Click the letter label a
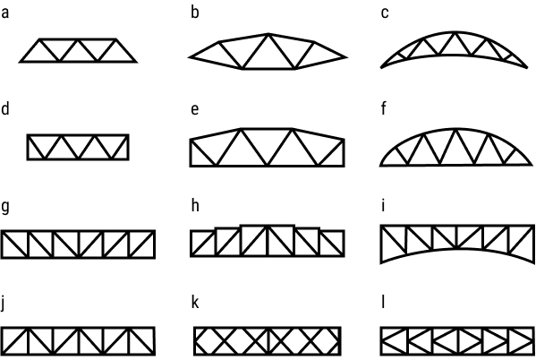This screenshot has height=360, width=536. click(x=4, y=13)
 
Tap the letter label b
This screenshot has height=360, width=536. click(x=195, y=12)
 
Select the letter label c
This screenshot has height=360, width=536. click(x=385, y=13)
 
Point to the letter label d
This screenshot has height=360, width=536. click(x=5, y=109)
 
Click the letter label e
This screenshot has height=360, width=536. click(x=194, y=110)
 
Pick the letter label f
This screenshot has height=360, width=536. click(x=384, y=109)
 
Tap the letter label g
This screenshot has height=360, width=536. click(x=5, y=208)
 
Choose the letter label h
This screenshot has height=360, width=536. click(x=195, y=206)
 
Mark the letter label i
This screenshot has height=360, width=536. click(x=383, y=206)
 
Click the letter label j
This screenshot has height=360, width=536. click(x=4, y=304)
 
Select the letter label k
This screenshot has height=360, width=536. click(x=195, y=303)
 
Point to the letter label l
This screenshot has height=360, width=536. click(x=383, y=303)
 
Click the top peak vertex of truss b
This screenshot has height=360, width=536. click(x=268, y=34)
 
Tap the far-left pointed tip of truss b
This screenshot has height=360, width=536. click(x=189, y=57)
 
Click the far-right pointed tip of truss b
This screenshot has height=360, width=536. click(x=346, y=57)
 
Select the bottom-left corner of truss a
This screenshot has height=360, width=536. click(x=21, y=62)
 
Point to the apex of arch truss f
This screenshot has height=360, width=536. click(x=456, y=129)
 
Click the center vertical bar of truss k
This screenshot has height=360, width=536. click(x=268, y=341)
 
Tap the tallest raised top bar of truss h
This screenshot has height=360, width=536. click(x=268, y=226)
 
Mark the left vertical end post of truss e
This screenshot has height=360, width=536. click(x=191, y=152)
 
